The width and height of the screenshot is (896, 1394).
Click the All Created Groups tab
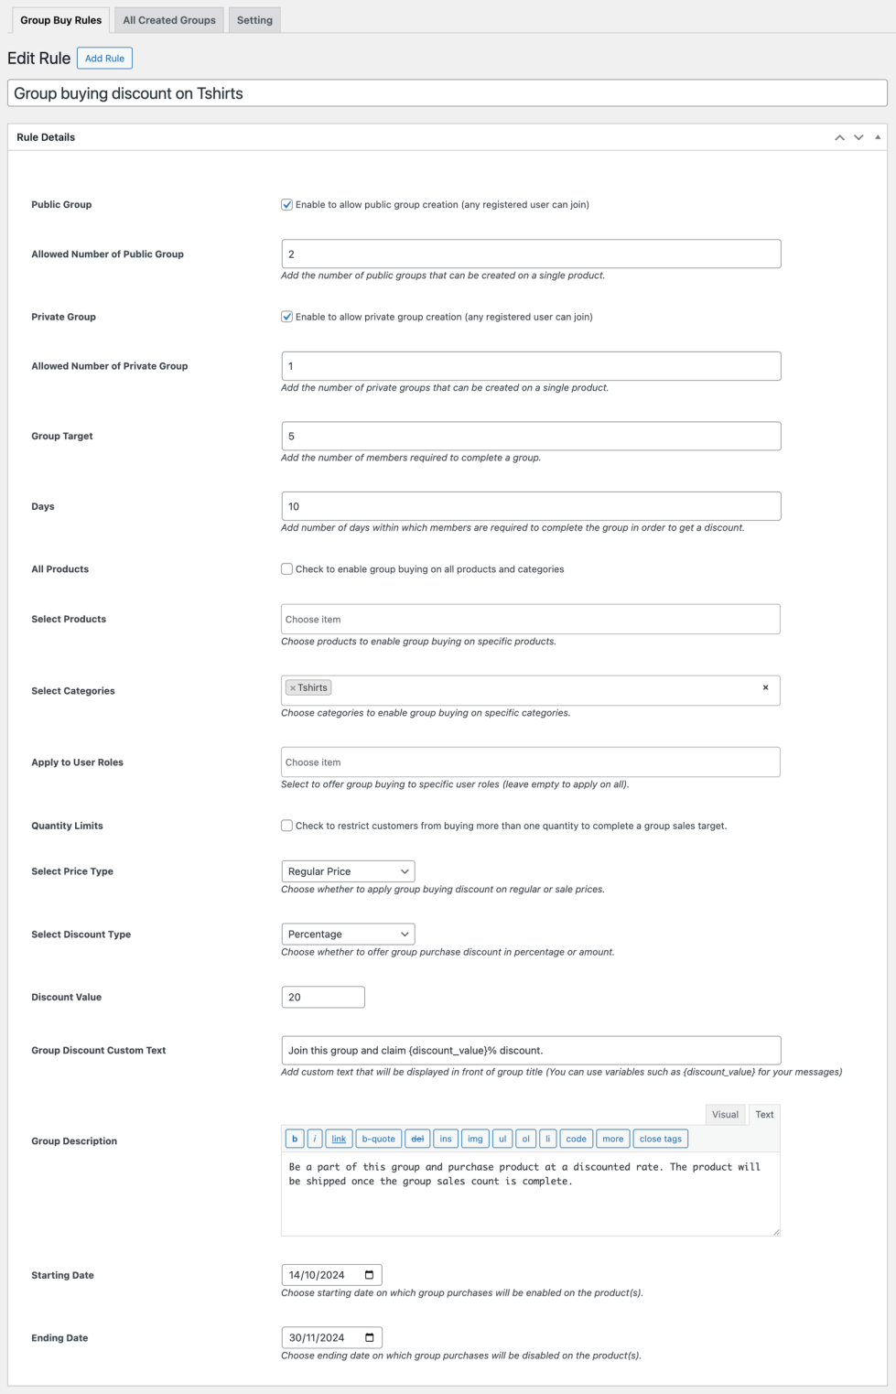click(x=169, y=20)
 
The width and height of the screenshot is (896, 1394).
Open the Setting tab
click(x=254, y=20)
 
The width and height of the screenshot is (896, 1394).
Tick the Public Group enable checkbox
click(x=287, y=205)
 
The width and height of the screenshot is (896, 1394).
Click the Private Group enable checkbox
click(x=287, y=317)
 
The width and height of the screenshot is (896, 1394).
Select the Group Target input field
click(x=531, y=436)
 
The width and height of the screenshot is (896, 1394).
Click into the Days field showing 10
click(x=531, y=506)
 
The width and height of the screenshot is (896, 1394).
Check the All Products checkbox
click(x=287, y=569)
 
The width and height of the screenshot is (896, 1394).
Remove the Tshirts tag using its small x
click(x=293, y=688)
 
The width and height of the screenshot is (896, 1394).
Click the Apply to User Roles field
click(x=531, y=762)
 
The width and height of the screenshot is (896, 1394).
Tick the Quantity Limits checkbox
click(x=287, y=826)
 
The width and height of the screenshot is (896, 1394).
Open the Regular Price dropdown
click(x=348, y=871)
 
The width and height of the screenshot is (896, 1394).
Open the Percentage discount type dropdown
click(x=348, y=935)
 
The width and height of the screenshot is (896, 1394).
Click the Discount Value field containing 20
click(x=323, y=998)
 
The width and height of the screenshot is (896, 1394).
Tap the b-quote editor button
click(x=378, y=1140)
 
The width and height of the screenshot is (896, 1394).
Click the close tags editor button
click(x=660, y=1140)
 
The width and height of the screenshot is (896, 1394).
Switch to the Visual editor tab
click(x=725, y=1115)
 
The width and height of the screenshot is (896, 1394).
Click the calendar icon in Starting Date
click(x=370, y=1275)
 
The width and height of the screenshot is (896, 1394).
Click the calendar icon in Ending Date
click(x=370, y=1338)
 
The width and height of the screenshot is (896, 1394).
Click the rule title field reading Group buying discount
click(x=448, y=93)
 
